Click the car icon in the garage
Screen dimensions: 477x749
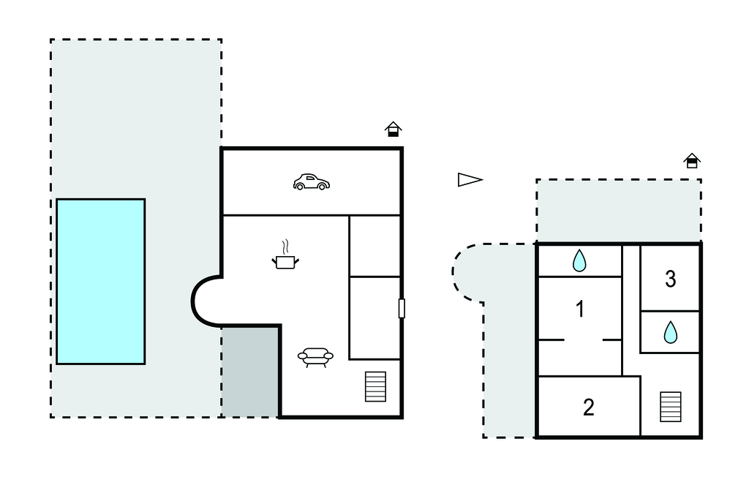tap(311, 182)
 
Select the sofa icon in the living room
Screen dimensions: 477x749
tap(315, 357)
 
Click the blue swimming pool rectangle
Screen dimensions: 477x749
tap(101, 281)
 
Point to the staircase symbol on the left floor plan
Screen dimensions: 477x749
tap(375, 386)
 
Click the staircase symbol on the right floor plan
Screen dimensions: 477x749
tap(670, 407)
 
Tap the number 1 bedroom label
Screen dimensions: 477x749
tap(580, 309)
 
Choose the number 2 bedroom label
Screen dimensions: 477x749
tap(588, 407)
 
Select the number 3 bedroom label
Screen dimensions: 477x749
tap(670, 279)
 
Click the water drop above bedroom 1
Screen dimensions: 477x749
tap(579, 260)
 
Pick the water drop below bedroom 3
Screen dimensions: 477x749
tap(670, 333)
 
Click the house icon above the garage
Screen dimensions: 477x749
tap(394, 129)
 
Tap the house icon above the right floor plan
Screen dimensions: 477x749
tap(691, 160)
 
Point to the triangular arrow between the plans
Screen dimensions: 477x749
tap(470, 179)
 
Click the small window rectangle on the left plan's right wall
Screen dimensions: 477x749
tap(402, 309)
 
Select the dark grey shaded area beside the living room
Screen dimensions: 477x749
tap(250, 372)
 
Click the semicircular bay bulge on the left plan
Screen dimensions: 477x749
tap(206, 301)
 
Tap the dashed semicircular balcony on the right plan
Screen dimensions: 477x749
tap(468, 272)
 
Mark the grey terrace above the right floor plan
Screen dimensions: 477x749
tap(618, 211)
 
